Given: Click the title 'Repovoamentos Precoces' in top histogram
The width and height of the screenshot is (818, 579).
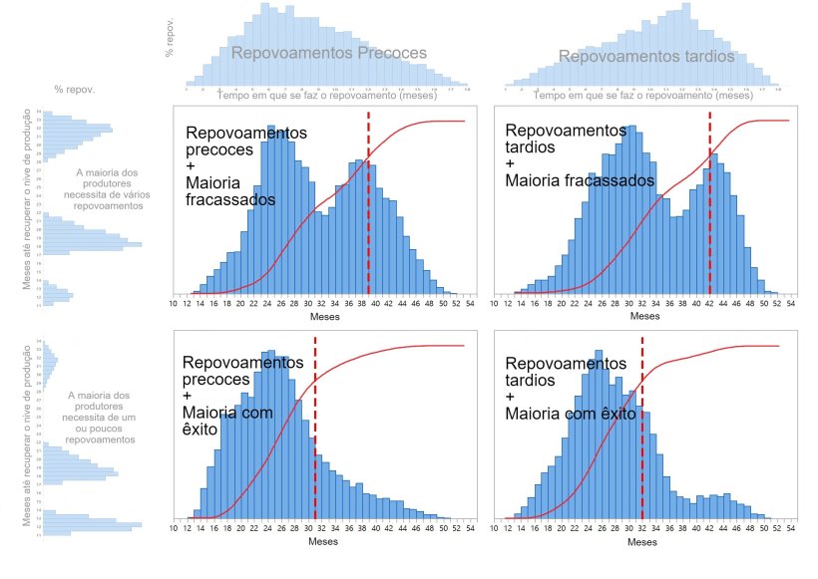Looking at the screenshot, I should click(328, 53).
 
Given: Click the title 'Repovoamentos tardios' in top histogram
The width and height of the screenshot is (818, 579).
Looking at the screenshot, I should click(646, 57).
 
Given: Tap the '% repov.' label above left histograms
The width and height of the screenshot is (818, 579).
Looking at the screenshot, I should click(75, 90).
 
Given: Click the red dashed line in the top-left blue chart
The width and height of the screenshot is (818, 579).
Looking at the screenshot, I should click(368, 199).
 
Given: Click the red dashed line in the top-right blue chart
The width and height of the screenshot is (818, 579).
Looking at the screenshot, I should click(709, 199).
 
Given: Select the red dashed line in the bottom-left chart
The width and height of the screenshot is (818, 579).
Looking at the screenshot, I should click(315, 429).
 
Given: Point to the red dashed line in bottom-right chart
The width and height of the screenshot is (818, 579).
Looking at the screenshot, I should click(641, 429).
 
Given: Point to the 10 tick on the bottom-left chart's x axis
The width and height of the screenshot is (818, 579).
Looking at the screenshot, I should click(175, 529).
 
